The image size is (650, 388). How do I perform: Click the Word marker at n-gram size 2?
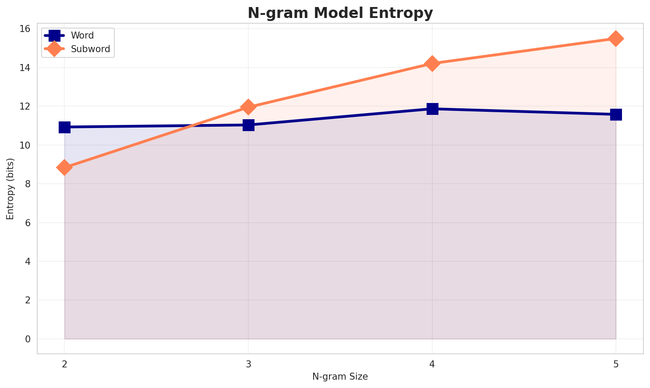coord(64,127)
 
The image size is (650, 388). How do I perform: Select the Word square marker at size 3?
coord(248,125)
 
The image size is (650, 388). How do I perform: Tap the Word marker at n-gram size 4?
coord(432,109)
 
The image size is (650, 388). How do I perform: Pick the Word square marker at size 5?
coord(616,114)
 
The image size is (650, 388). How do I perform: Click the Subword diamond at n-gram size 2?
coord(64,167)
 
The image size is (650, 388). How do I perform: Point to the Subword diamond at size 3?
coord(248,107)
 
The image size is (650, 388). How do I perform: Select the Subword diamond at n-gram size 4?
coord(432,64)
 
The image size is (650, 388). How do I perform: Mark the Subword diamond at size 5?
coord(616,39)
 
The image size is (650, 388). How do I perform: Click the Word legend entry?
coord(82,36)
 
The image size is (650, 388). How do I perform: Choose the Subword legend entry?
coord(90,49)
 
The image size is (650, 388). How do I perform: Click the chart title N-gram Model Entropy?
coord(340,13)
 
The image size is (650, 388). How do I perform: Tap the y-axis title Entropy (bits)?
coord(10,189)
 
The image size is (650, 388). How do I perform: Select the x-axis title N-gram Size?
coord(340,376)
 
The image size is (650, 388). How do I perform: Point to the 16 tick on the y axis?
coord(25,29)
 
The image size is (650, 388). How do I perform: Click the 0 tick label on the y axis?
coord(28,339)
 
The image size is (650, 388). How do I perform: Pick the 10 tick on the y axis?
coord(25,145)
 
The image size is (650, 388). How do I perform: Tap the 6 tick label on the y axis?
coord(28,223)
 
